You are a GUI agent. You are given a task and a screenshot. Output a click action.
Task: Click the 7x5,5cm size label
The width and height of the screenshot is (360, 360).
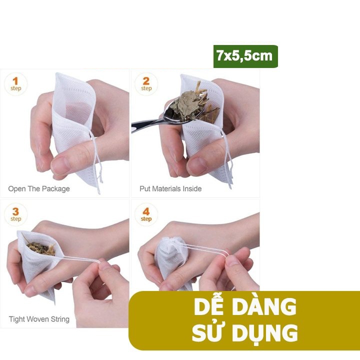point(245,56)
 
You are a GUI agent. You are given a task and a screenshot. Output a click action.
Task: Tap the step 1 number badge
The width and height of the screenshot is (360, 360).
point(15,84)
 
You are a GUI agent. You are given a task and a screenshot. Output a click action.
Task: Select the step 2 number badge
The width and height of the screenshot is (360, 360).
point(146,84)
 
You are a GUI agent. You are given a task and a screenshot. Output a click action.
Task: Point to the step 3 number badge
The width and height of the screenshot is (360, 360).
point(15,214)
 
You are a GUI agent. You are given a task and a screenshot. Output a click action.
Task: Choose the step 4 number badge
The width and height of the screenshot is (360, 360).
point(146,214)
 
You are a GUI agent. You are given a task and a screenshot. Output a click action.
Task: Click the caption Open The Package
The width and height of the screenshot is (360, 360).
point(39,189)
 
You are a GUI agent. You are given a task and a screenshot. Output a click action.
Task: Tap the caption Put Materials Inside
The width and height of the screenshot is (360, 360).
point(170,188)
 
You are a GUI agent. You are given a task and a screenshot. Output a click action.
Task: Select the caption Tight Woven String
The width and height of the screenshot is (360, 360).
point(39,319)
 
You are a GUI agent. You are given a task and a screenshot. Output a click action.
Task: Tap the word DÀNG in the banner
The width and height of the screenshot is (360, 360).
point(264,306)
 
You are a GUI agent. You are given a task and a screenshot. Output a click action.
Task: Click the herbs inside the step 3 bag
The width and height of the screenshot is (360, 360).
point(42,248)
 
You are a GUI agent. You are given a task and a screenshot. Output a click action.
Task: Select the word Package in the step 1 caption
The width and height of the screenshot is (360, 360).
point(56,189)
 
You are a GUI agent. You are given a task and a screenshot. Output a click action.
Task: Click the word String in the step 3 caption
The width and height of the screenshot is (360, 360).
point(60,319)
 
